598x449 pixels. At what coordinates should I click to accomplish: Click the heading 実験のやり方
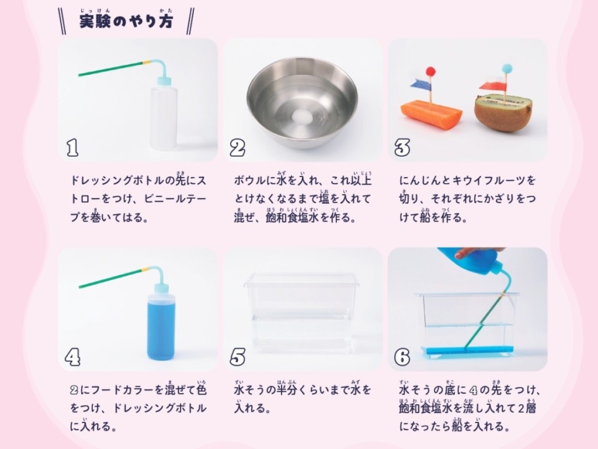126,22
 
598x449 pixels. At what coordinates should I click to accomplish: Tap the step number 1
72,148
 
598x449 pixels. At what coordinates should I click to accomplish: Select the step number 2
237,148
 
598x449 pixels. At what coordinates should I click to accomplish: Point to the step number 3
402,148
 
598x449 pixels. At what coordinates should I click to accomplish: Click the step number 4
72,357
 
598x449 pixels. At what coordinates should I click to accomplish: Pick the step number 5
237,357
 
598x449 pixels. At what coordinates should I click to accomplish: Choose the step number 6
402,357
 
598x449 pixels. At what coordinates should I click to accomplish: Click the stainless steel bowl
303,102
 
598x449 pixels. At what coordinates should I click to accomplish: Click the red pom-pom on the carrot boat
430,71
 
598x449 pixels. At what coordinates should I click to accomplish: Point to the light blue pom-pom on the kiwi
507,68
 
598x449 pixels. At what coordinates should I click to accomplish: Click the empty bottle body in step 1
164,118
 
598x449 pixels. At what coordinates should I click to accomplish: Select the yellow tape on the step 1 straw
147,61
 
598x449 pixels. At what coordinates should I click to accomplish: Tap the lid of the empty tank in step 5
301,279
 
